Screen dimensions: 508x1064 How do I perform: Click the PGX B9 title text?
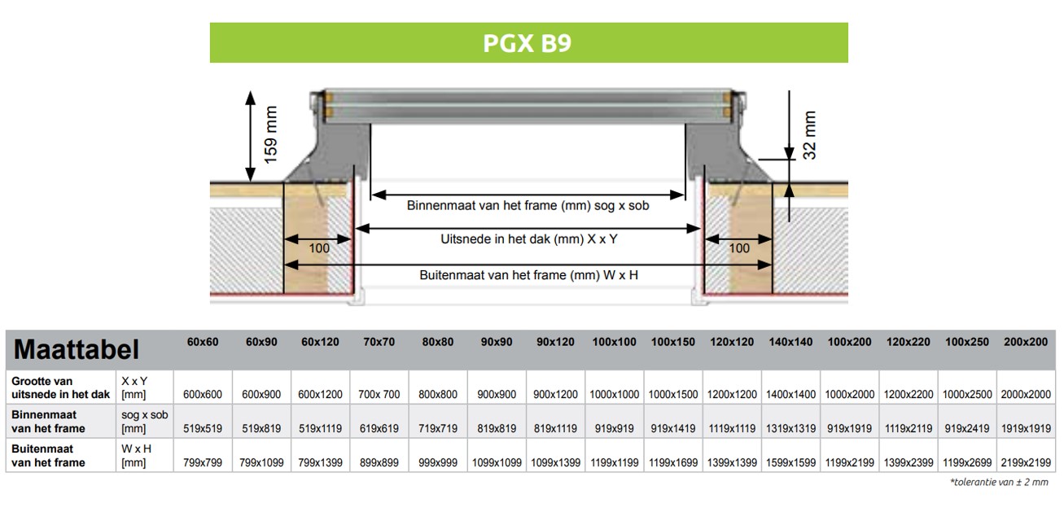tap(528, 43)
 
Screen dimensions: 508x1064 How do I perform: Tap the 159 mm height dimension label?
tap(271, 134)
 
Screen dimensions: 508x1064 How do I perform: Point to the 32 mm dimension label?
tap(809, 135)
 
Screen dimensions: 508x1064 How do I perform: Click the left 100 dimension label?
tap(319, 247)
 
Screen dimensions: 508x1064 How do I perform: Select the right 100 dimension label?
tap(739, 247)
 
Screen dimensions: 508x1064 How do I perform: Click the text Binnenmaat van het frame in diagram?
tap(528, 206)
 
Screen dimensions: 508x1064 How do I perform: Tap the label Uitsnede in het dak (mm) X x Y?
tap(529, 239)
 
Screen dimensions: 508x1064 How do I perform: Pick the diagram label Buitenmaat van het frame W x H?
tap(528, 275)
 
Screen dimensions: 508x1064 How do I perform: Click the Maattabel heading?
tap(77, 350)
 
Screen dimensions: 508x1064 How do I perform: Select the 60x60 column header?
tap(203, 342)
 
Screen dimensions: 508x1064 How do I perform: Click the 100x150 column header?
tap(673, 342)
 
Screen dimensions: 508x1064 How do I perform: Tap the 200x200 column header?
tap(1026, 342)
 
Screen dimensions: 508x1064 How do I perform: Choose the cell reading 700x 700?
tap(379, 394)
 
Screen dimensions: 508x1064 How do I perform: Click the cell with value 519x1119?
tap(320, 428)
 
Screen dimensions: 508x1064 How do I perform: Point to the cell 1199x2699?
tap(968, 462)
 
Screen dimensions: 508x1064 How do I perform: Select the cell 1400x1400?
tap(790, 394)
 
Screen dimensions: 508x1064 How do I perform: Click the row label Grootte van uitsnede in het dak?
tap(60, 388)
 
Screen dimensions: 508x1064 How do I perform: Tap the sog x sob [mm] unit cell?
tap(144, 422)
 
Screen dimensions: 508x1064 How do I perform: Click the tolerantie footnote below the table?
tap(999, 483)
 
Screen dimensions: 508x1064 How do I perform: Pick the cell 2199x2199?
tap(1026, 462)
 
